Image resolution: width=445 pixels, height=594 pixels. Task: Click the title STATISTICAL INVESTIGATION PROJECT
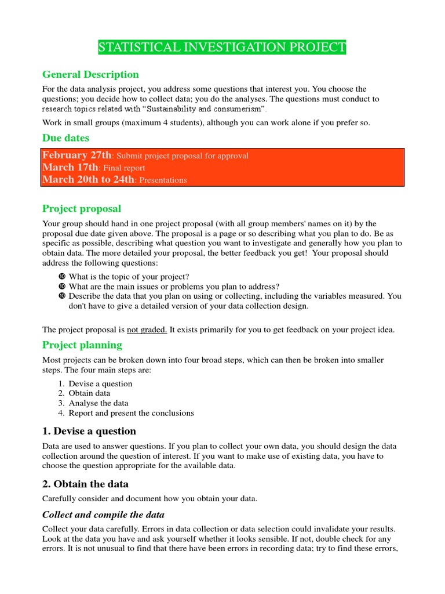[x=222, y=48]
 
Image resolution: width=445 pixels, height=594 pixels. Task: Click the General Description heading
[x=90, y=74]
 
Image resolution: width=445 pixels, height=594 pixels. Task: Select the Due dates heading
[x=65, y=137]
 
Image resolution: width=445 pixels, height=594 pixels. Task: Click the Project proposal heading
[x=82, y=208]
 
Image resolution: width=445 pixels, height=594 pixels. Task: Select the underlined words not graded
[x=147, y=329]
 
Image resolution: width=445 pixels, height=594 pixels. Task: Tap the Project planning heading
[x=82, y=345]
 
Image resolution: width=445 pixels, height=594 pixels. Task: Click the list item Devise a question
[x=100, y=383]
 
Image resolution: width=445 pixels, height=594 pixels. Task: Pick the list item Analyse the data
[x=99, y=403]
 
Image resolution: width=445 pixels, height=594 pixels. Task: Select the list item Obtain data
[x=90, y=393]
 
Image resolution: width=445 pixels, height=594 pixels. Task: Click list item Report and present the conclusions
[x=131, y=413]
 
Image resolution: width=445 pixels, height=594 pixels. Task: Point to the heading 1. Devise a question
[x=89, y=431]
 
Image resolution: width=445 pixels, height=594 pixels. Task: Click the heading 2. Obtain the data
[x=85, y=484]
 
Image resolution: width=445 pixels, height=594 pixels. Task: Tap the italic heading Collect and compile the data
[x=103, y=515]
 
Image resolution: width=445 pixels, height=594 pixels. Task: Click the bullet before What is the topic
[x=62, y=277]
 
